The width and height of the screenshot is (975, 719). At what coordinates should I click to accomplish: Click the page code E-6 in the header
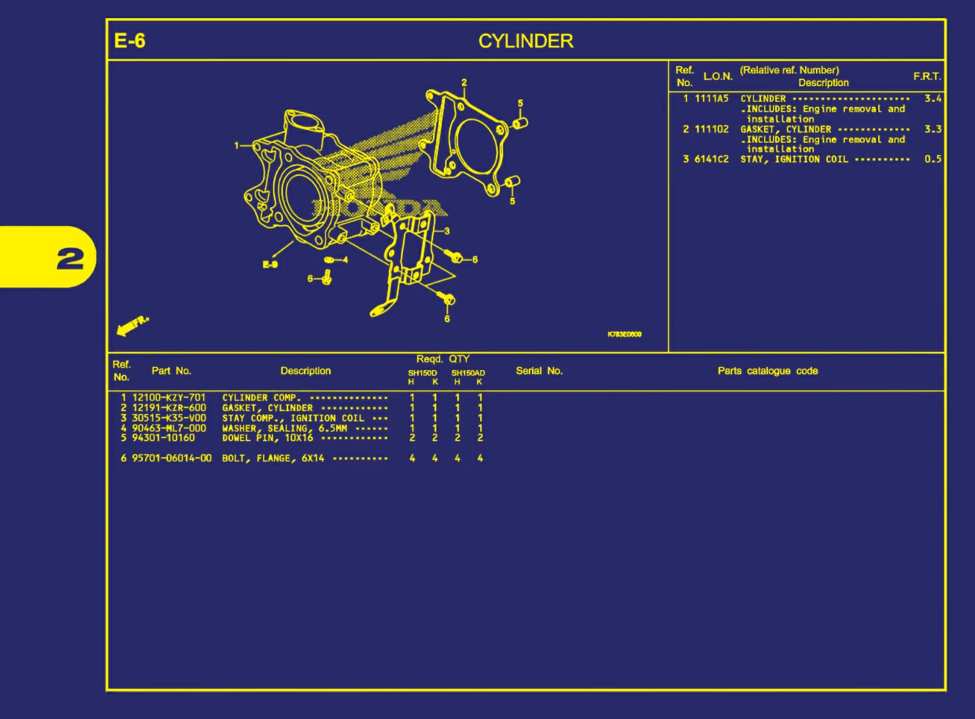click(x=130, y=41)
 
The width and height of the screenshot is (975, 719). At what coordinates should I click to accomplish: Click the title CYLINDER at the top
click(x=526, y=41)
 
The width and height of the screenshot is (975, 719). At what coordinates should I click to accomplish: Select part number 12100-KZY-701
click(x=168, y=397)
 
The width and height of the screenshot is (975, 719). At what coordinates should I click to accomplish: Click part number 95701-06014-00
click(x=172, y=458)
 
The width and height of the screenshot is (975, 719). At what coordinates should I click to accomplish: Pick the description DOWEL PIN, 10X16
click(x=267, y=438)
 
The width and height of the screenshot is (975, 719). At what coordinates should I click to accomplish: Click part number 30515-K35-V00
click(x=168, y=418)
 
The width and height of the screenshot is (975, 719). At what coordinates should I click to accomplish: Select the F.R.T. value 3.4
click(x=932, y=98)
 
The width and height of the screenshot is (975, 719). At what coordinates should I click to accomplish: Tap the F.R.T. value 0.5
click(x=932, y=159)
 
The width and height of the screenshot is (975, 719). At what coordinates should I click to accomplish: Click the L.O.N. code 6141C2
click(x=711, y=159)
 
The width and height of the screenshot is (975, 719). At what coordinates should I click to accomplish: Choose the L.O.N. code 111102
click(x=711, y=129)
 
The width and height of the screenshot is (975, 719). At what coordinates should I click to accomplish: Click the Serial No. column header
click(x=539, y=371)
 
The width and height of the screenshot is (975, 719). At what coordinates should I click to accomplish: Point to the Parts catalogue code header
click(x=767, y=371)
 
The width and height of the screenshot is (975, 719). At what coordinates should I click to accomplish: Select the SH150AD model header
click(x=468, y=373)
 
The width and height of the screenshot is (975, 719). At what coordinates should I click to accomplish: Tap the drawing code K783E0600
click(x=624, y=334)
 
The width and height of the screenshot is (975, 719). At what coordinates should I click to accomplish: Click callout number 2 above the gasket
click(x=464, y=82)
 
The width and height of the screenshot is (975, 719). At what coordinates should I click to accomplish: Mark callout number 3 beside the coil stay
click(x=447, y=231)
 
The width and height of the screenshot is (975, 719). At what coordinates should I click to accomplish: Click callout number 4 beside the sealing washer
click(x=345, y=260)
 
